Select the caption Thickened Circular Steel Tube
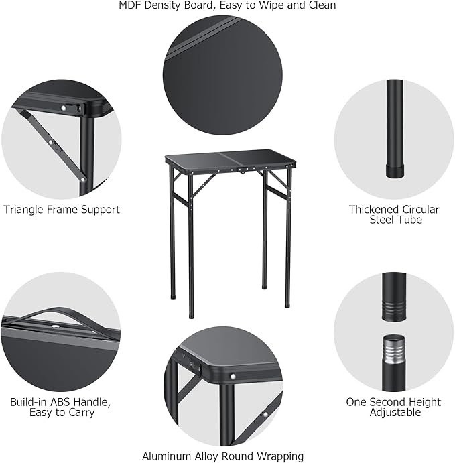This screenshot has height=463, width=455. coord(394,214)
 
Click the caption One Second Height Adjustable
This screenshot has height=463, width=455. coord(394,407)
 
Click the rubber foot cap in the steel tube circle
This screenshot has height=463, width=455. coord(394,170)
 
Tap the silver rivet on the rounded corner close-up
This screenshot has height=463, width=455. coord(232,377)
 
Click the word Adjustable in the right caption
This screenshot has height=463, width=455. coord(395,412)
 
